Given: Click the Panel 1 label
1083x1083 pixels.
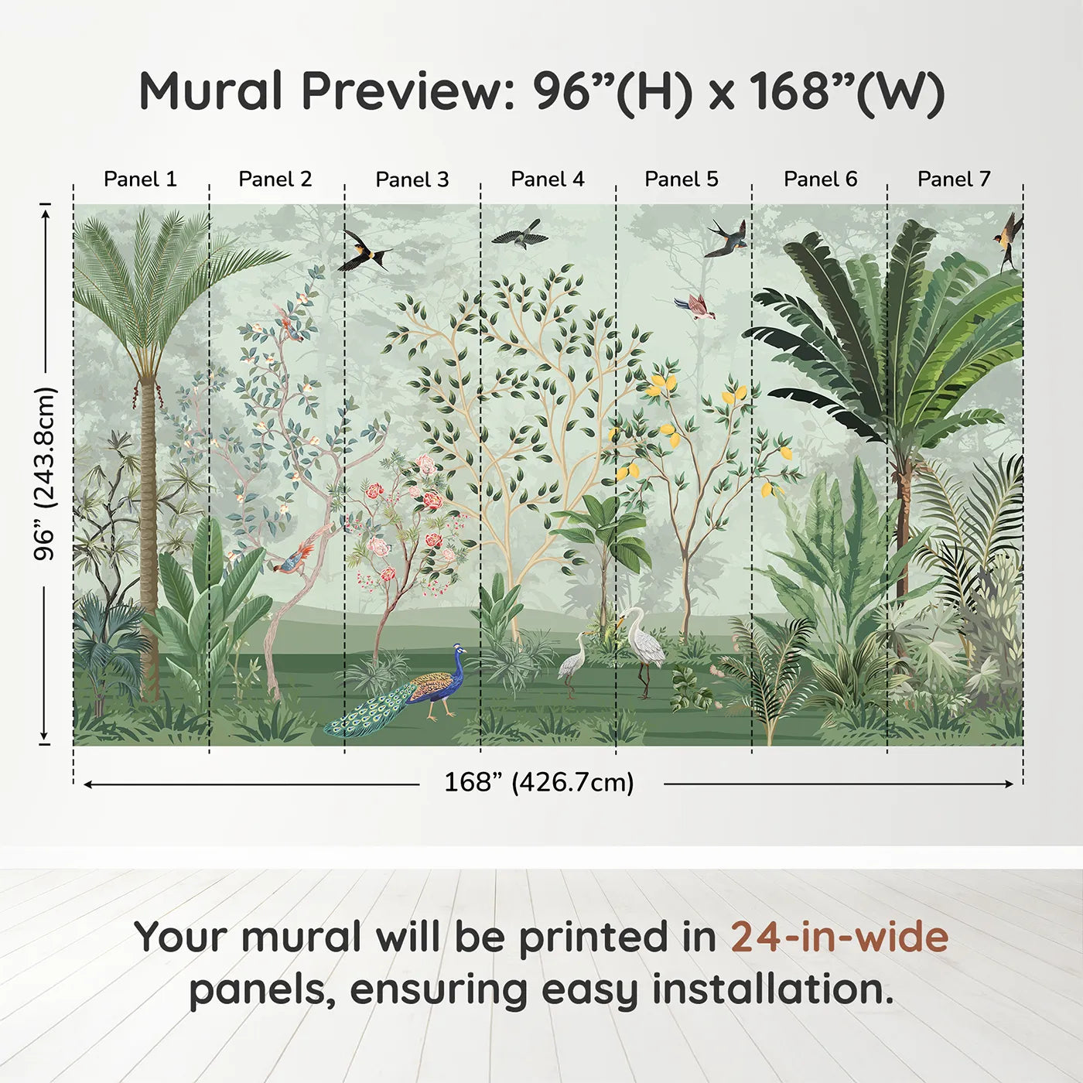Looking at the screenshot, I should coord(140,179).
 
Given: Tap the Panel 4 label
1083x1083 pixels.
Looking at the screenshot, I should coord(548,179).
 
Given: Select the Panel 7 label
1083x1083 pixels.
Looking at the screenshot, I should coord(954,179).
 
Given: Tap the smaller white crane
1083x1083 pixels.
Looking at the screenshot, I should coord(573,661).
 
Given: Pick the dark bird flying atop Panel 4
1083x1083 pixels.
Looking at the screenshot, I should coord(521,234).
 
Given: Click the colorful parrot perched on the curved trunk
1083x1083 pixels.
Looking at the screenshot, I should coord(293,559).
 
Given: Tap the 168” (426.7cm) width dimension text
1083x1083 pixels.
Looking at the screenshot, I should coord(539,783).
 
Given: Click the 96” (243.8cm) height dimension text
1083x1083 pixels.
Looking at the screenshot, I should coord(46,473).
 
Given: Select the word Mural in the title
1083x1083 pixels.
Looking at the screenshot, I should coord(210,91).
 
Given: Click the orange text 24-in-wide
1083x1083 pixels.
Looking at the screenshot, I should coord(839,938).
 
